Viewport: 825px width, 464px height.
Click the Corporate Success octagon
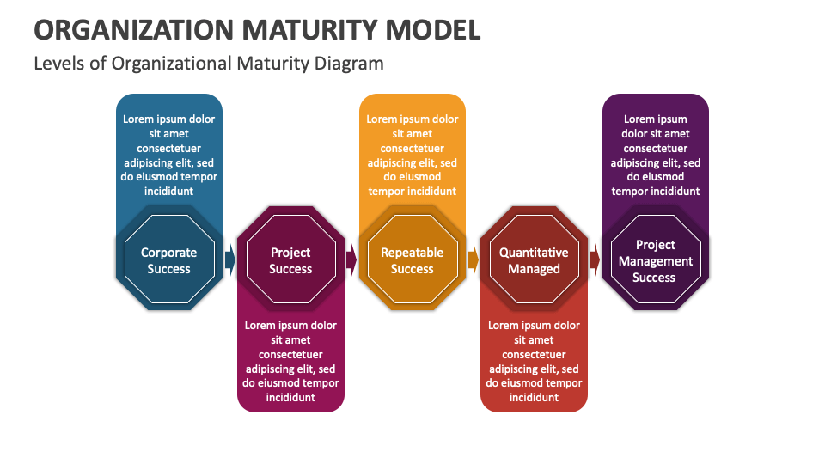coord(168,260)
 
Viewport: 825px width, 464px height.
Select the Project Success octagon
coord(290,260)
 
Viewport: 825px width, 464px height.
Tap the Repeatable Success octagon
coord(412,260)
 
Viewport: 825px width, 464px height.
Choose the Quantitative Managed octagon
coord(534,260)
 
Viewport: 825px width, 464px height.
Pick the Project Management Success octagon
coord(655,260)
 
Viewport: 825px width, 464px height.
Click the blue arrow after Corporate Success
coord(229,259)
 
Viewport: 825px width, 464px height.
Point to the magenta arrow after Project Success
coord(351,259)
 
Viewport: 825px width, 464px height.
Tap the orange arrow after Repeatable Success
coord(474,259)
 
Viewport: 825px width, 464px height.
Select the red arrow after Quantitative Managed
coord(595,259)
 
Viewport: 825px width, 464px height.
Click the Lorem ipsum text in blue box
coord(168,155)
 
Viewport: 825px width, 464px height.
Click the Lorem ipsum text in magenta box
coord(290,361)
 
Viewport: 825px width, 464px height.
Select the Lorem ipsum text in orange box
coord(412,155)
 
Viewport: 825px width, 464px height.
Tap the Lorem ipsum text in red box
coord(534,361)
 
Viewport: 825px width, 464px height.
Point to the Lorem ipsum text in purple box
coord(656,155)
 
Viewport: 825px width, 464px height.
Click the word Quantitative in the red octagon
coord(534,253)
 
